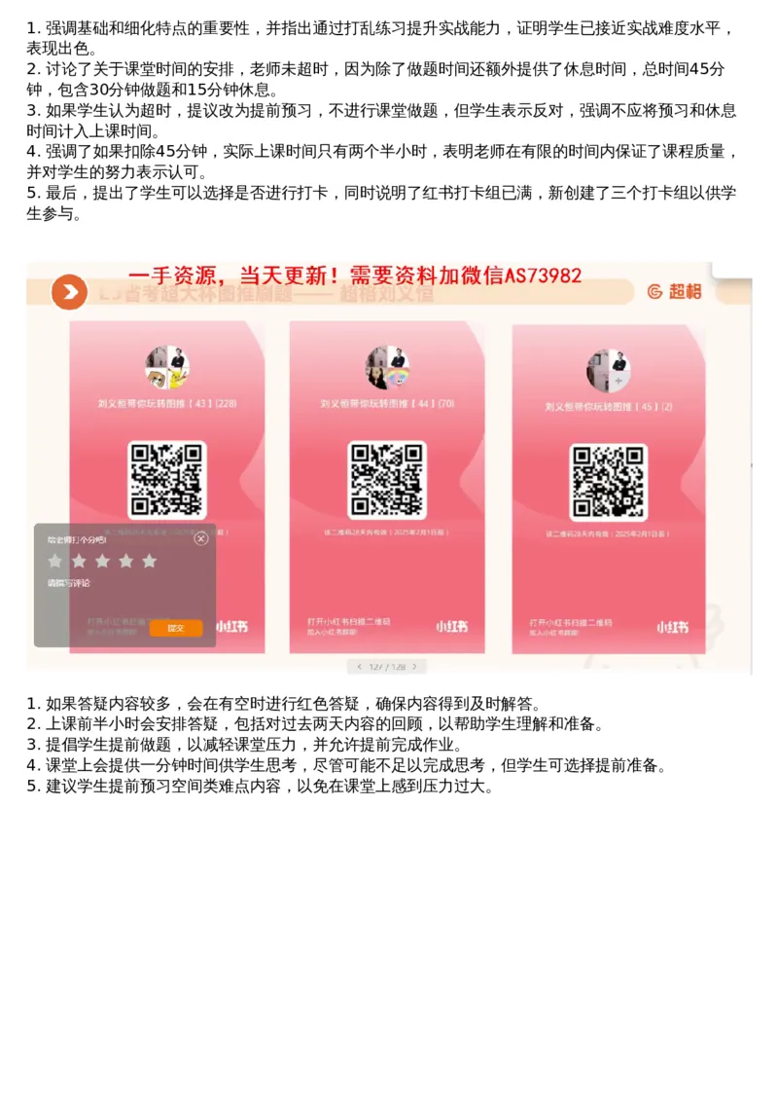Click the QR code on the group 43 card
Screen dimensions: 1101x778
(x=167, y=480)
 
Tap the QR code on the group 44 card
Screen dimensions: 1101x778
(x=387, y=480)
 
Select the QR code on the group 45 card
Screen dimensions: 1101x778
(x=608, y=482)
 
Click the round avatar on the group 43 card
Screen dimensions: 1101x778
(x=167, y=367)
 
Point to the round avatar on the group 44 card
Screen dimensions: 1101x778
(x=387, y=367)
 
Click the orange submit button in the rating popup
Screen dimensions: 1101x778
(x=175, y=628)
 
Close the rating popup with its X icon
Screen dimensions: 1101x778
(x=201, y=538)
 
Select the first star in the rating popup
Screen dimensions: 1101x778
(x=55, y=561)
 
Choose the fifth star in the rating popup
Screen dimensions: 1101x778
(x=149, y=561)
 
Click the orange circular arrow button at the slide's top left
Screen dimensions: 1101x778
(x=69, y=291)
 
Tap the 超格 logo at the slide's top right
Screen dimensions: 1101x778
(x=673, y=291)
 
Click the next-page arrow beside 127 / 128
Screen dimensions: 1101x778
(x=415, y=667)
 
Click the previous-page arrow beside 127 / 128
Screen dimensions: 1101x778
(x=359, y=667)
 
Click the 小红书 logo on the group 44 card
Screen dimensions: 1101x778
(x=451, y=626)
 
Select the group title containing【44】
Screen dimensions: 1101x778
(x=387, y=403)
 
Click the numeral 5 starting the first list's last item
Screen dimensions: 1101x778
(x=32, y=193)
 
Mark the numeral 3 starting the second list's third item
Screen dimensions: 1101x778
(x=32, y=745)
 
